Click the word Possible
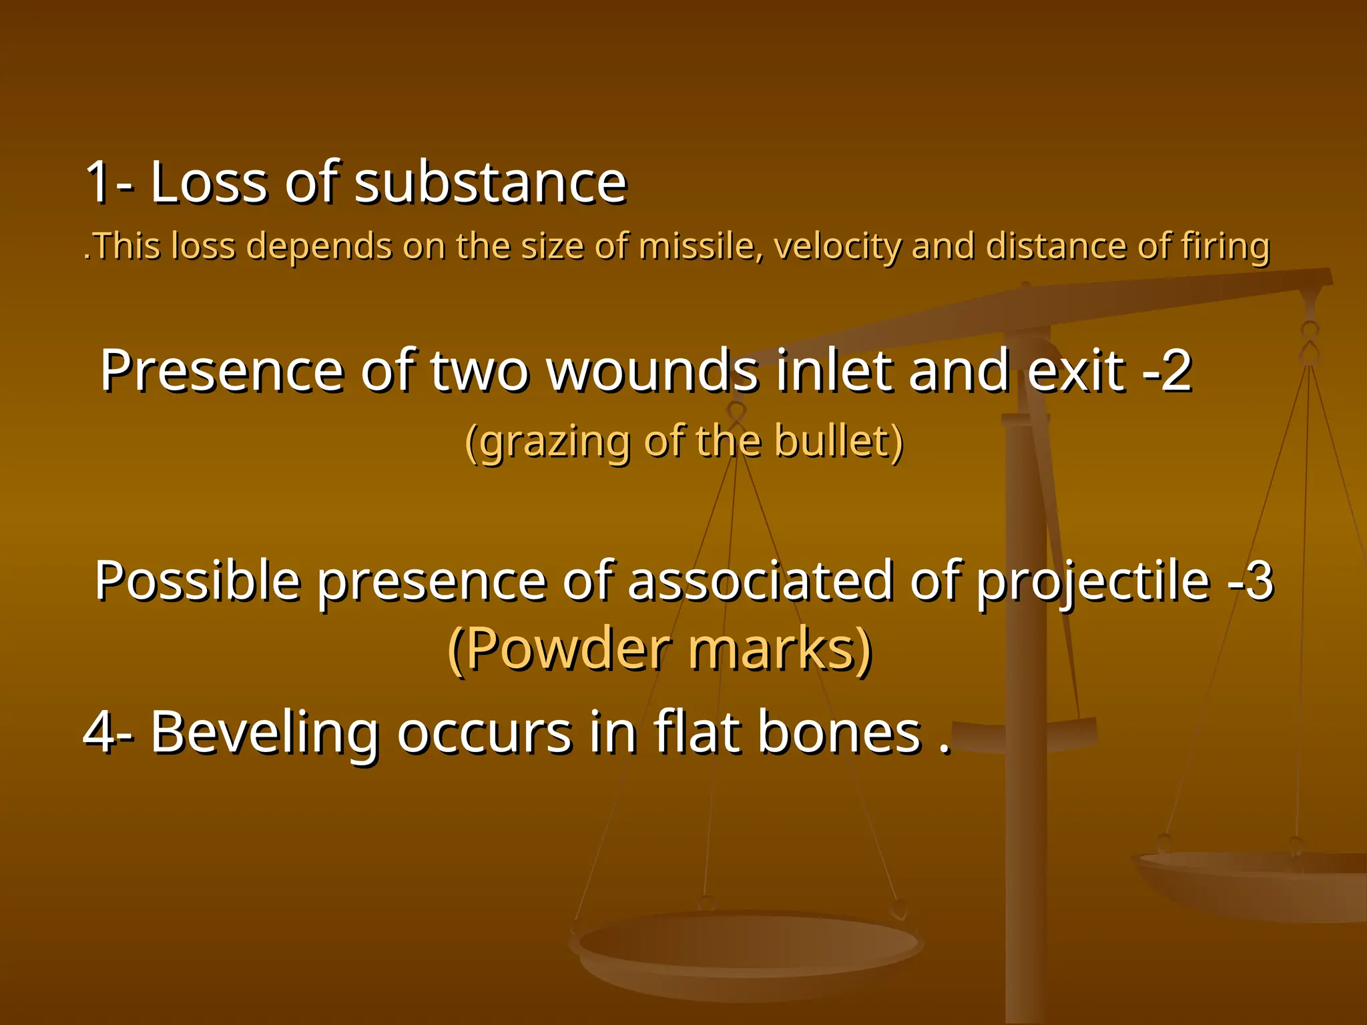(198, 581)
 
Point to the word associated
(760, 581)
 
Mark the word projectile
(1093, 581)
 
